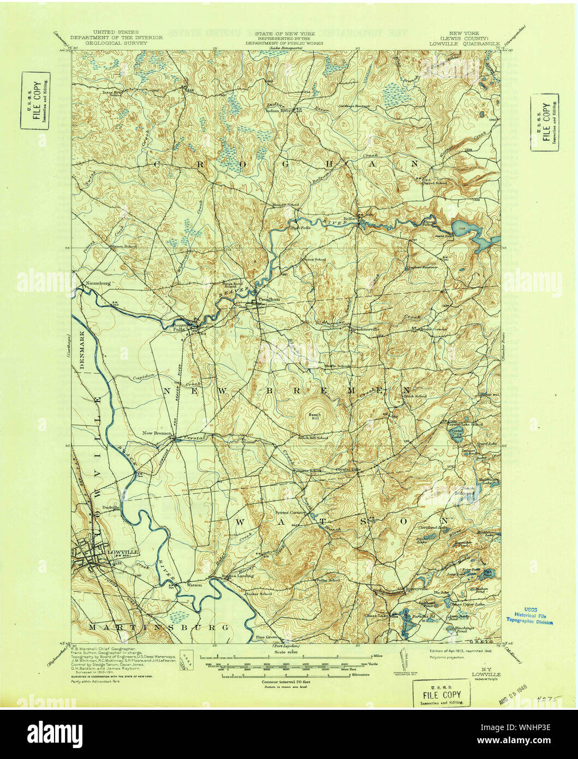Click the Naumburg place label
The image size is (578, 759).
(99, 284)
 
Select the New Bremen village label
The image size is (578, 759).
(157, 434)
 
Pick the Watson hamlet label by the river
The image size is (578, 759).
(194, 584)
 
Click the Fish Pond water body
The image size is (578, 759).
(488, 573)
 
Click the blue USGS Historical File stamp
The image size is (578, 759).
(529, 615)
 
